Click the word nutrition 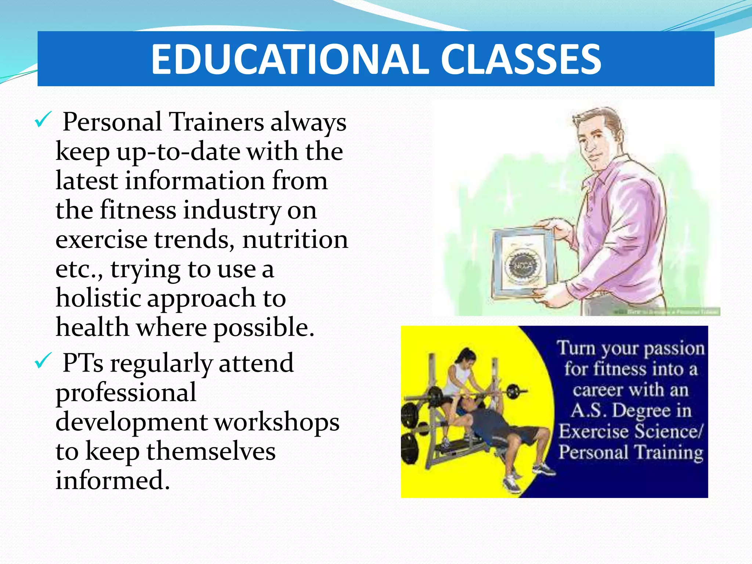[x=295, y=239]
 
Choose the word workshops [x=277, y=422]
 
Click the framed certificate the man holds [x=523, y=263]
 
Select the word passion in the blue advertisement [x=674, y=348]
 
